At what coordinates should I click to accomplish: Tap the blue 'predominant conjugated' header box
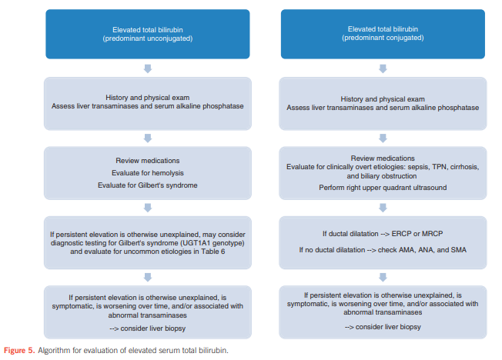tap(383, 34)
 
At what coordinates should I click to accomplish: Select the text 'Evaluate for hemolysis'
tap(148, 173)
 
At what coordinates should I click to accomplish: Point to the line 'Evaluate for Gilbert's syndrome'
tap(148, 185)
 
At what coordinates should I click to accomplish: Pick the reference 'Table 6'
tap(213, 252)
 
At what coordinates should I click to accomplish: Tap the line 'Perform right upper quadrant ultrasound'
tap(383, 188)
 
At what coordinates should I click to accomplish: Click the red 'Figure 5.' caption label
tap(19, 351)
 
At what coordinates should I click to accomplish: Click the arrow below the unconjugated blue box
tap(148, 68)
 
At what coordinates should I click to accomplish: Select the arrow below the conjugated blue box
tap(383, 68)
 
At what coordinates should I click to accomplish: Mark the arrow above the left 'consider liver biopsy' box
tap(148, 277)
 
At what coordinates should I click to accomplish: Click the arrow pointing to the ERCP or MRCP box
tap(383, 208)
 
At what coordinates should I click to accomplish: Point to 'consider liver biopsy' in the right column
tap(388, 327)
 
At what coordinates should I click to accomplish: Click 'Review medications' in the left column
tap(148, 161)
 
